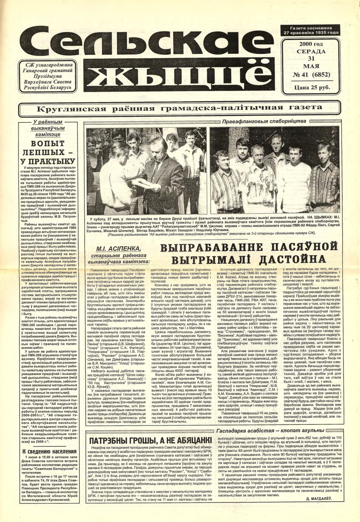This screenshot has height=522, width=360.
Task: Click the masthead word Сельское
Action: (x=144, y=47)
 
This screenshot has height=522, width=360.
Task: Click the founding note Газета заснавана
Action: (x=311, y=28)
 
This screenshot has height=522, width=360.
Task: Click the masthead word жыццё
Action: (x=180, y=76)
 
